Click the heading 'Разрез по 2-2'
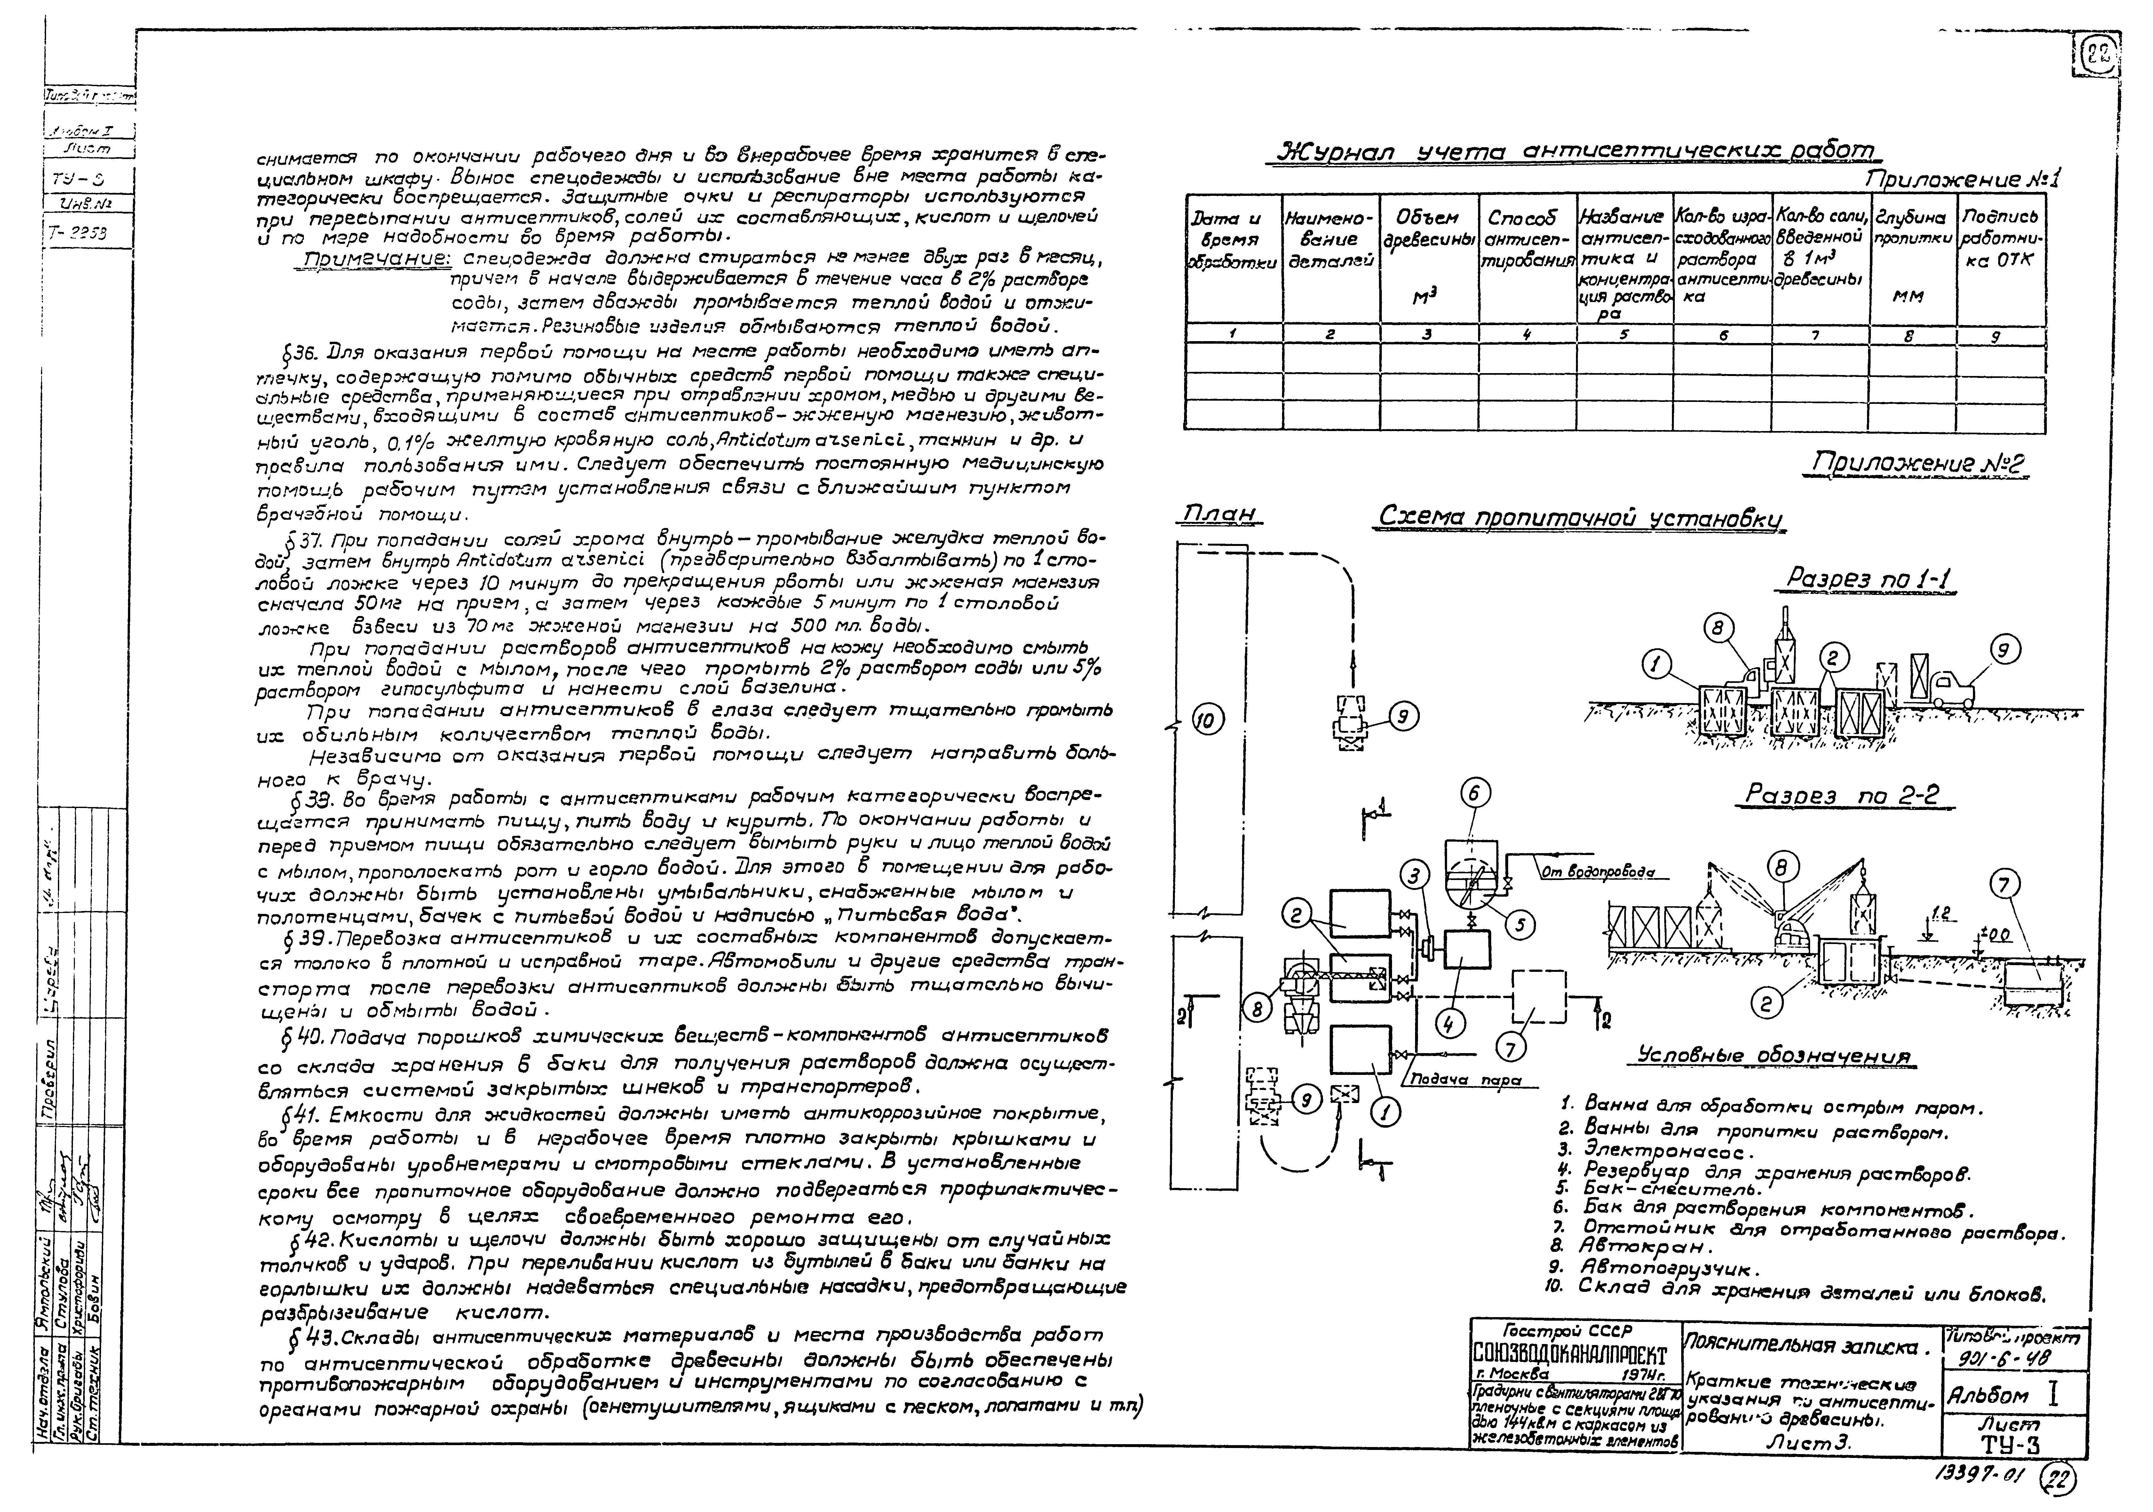coord(1840,795)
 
